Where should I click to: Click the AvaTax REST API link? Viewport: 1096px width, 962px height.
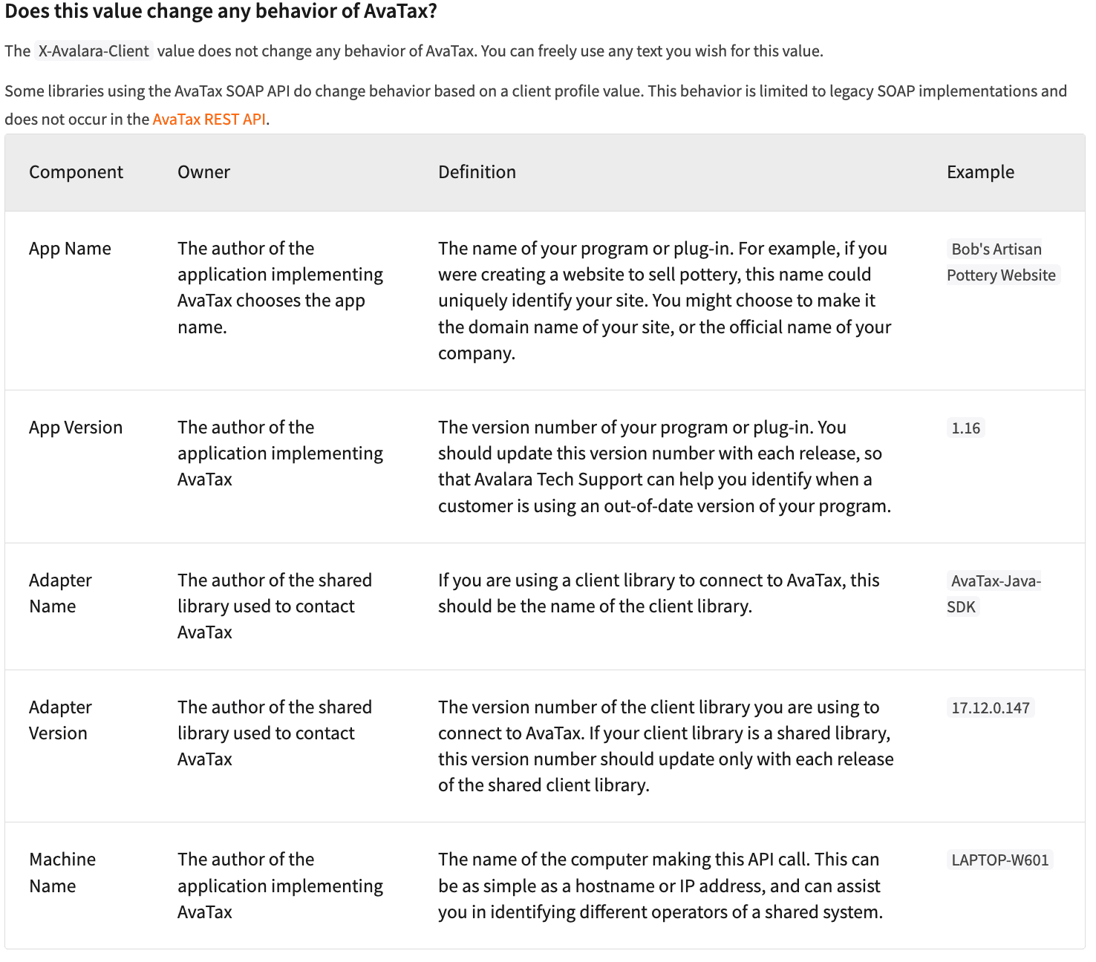pos(209,119)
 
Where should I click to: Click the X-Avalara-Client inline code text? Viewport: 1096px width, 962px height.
pos(94,50)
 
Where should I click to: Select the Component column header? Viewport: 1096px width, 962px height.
pos(76,172)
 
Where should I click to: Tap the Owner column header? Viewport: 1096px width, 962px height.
pos(203,172)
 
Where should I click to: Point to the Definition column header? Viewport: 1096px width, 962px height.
pos(477,172)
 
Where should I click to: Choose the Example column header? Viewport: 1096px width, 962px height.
pos(980,172)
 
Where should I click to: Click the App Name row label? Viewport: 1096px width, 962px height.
pos(70,249)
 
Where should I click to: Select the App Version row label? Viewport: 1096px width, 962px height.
pos(76,428)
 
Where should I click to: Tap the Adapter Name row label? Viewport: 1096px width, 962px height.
pos(60,593)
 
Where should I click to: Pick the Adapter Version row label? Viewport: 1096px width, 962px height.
pos(60,720)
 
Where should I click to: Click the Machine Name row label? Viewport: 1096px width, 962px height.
pos(62,872)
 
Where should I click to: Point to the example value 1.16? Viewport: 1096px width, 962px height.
pos(965,428)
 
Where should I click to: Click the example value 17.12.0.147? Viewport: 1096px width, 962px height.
pos(991,708)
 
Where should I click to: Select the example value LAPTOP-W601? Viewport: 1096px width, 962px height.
pos(999,860)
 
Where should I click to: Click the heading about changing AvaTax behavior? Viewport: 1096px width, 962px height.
pos(221,12)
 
